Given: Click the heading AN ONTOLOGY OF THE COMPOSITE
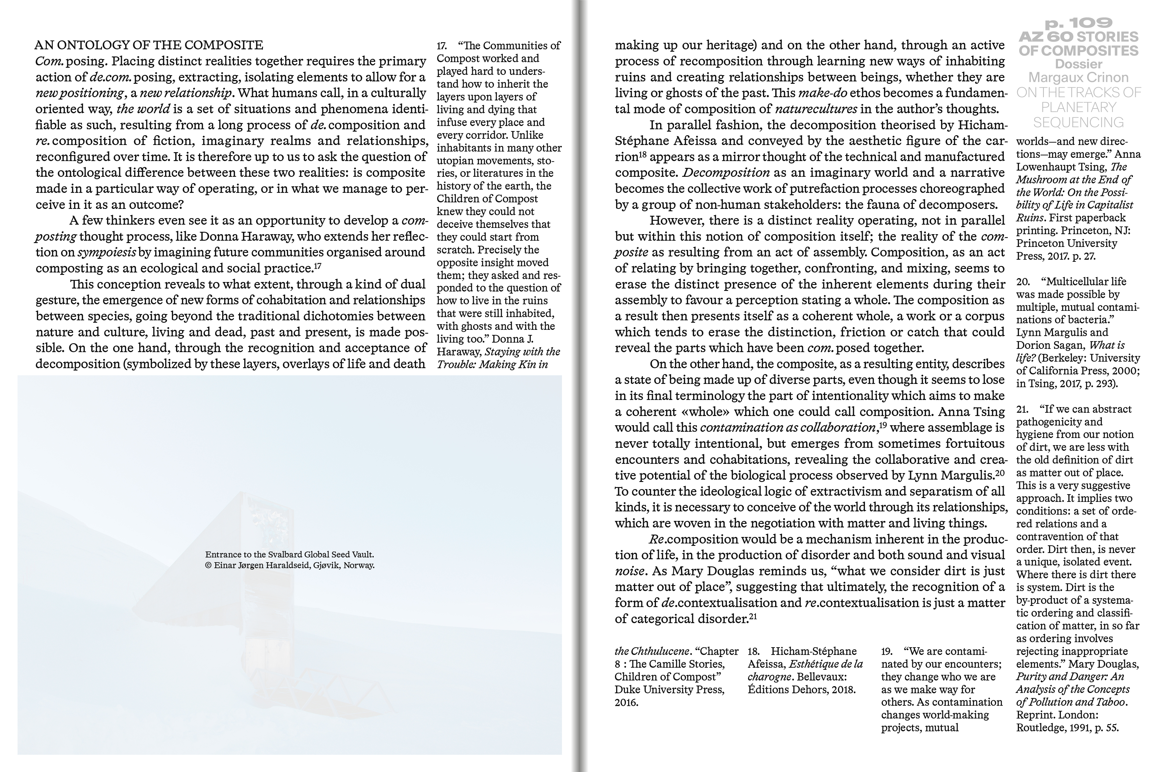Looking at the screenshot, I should click(x=149, y=45).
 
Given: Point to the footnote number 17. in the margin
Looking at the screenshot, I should click(x=442, y=46).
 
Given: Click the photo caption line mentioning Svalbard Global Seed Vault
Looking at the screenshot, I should click(x=290, y=554).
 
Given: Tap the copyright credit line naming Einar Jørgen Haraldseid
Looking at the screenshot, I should click(x=290, y=565).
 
